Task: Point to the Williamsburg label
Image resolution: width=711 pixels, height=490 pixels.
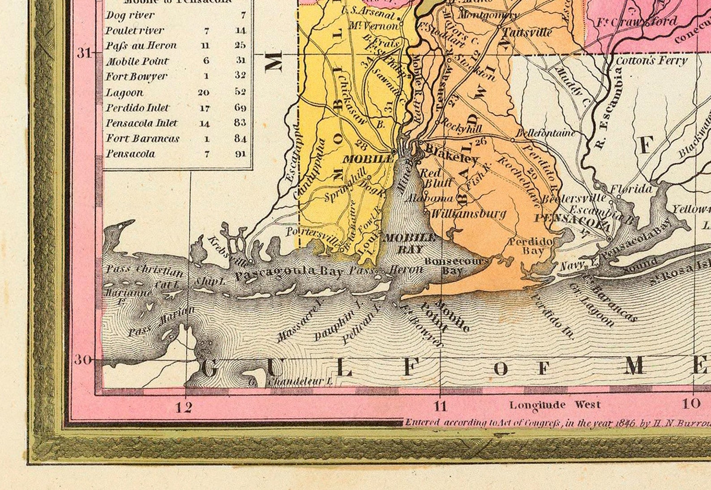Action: pos(467,214)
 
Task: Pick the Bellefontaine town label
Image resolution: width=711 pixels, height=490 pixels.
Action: pos(545,133)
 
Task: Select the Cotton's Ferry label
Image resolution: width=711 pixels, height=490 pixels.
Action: pos(651,60)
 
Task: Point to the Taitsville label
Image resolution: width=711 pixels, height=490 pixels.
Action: pos(527,33)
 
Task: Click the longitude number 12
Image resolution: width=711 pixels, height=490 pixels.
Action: pos(184,407)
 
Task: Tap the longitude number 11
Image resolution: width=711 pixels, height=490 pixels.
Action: pos(440,406)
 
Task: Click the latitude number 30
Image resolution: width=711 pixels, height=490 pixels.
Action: pos(82,359)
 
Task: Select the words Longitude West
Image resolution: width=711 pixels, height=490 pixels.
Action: pos(555,405)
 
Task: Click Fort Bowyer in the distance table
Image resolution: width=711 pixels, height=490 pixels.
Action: pos(136,76)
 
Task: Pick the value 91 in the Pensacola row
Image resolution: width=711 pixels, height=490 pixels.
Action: pos(240,154)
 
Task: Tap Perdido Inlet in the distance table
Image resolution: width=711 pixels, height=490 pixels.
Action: pos(137,108)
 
